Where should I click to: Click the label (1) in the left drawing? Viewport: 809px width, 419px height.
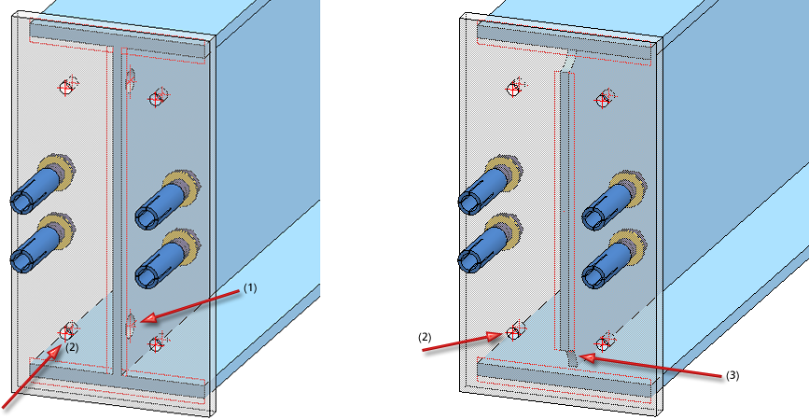(249, 289)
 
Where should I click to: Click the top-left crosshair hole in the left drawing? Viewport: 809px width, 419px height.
(66, 87)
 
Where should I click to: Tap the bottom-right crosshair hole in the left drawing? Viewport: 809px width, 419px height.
(155, 344)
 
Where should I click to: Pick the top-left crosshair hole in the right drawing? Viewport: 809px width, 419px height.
(513, 88)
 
